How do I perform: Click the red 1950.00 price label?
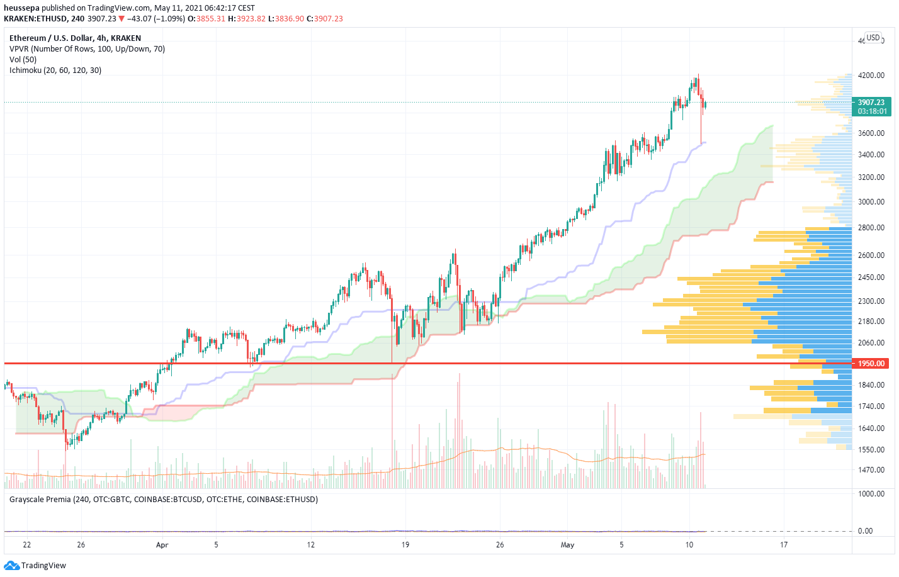(871, 364)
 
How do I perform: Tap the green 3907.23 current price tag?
(871, 103)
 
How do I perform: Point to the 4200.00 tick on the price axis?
(871, 76)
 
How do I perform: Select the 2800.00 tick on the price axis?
(871, 228)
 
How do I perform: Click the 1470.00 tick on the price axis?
(871, 470)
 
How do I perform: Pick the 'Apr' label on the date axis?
(162, 545)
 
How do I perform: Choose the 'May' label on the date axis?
(567, 545)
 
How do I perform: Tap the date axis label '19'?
(405, 545)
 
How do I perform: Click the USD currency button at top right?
(873, 38)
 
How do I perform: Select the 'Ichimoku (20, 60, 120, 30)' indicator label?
(55, 70)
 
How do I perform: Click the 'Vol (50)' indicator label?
(23, 60)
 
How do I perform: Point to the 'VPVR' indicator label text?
(20, 49)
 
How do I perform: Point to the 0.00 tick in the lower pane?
(865, 531)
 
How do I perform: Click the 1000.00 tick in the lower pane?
(871, 494)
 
